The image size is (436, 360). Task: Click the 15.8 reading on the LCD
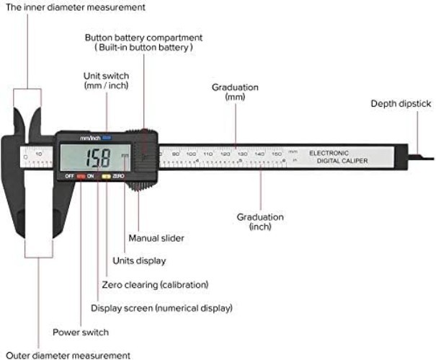tap(97, 157)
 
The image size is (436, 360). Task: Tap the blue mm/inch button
tap(107, 137)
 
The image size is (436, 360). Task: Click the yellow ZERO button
tap(106, 176)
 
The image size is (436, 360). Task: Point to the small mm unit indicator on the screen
tap(125, 155)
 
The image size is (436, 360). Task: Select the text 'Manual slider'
tap(156, 238)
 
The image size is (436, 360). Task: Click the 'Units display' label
tap(139, 260)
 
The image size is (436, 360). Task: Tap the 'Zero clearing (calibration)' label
tap(155, 284)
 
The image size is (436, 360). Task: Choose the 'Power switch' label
tap(81, 333)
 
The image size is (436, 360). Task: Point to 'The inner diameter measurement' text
tap(74, 6)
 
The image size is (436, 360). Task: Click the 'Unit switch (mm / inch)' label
tap(106, 80)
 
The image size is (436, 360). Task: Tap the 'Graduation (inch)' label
tap(260, 221)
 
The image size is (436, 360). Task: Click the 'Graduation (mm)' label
tap(235, 92)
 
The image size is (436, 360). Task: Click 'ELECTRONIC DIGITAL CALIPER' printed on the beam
tap(339, 157)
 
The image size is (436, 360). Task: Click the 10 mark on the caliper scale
tap(38, 154)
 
